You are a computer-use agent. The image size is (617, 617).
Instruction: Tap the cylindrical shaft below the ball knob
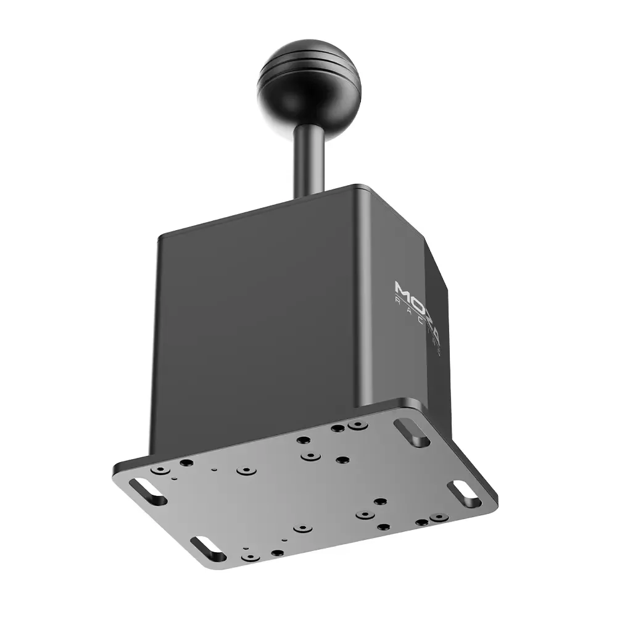[308, 154]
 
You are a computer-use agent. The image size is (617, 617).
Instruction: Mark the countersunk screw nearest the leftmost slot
[160, 470]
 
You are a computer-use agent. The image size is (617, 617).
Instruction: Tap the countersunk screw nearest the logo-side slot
[356, 425]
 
